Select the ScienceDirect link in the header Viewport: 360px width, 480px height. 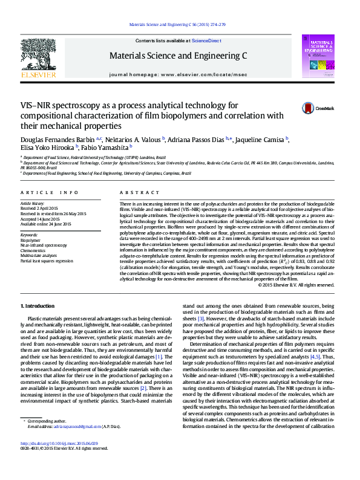(206, 41)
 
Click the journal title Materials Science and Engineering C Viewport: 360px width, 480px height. (178, 55)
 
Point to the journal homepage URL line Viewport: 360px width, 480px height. (178, 74)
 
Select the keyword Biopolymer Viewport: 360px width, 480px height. (31, 241)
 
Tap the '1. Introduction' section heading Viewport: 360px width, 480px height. (38, 306)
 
